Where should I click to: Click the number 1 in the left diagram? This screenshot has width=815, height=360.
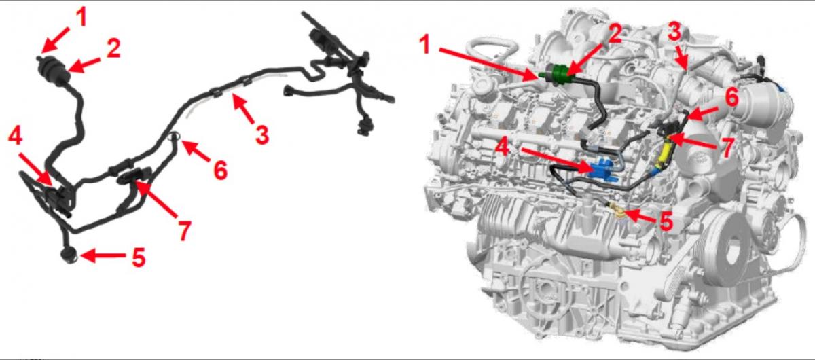(x=82, y=17)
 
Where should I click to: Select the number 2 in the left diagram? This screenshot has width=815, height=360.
(x=113, y=48)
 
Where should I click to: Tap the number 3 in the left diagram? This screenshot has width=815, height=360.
(x=262, y=134)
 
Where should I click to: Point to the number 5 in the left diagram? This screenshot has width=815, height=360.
(x=139, y=257)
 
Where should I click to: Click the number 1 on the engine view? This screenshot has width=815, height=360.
(x=424, y=46)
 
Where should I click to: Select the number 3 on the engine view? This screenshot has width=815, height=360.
(x=674, y=31)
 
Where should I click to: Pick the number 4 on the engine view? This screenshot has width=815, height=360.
(x=503, y=148)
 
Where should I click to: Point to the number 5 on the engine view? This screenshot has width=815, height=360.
(x=666, y=221)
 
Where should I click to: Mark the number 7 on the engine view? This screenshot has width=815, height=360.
(x=727, y=148)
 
